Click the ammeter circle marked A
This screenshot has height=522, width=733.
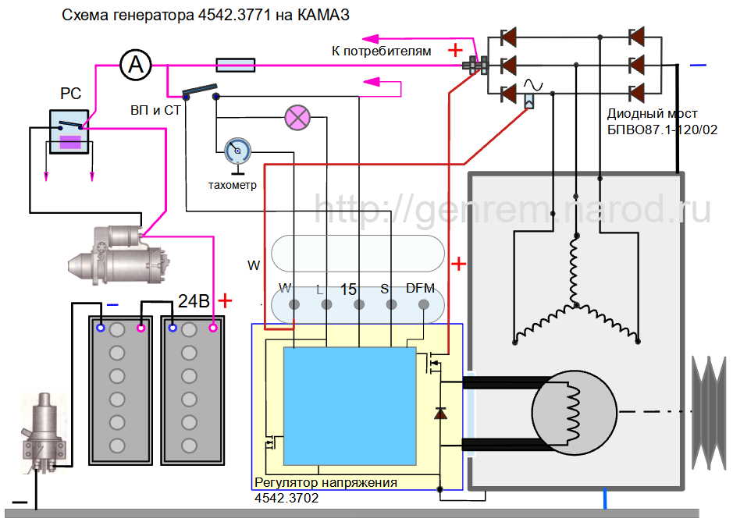(135, 65)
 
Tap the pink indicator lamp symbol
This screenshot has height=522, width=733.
(296, 116)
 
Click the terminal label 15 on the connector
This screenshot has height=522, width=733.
(349, 289)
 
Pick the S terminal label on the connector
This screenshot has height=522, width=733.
(384, 289)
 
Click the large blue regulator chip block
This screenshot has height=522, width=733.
(349, 406)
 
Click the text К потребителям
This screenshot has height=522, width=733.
(381, 51)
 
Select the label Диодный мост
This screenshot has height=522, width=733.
(653, 114)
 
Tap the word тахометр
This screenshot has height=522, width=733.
(233, 186)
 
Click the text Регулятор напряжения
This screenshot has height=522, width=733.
(326, 483)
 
